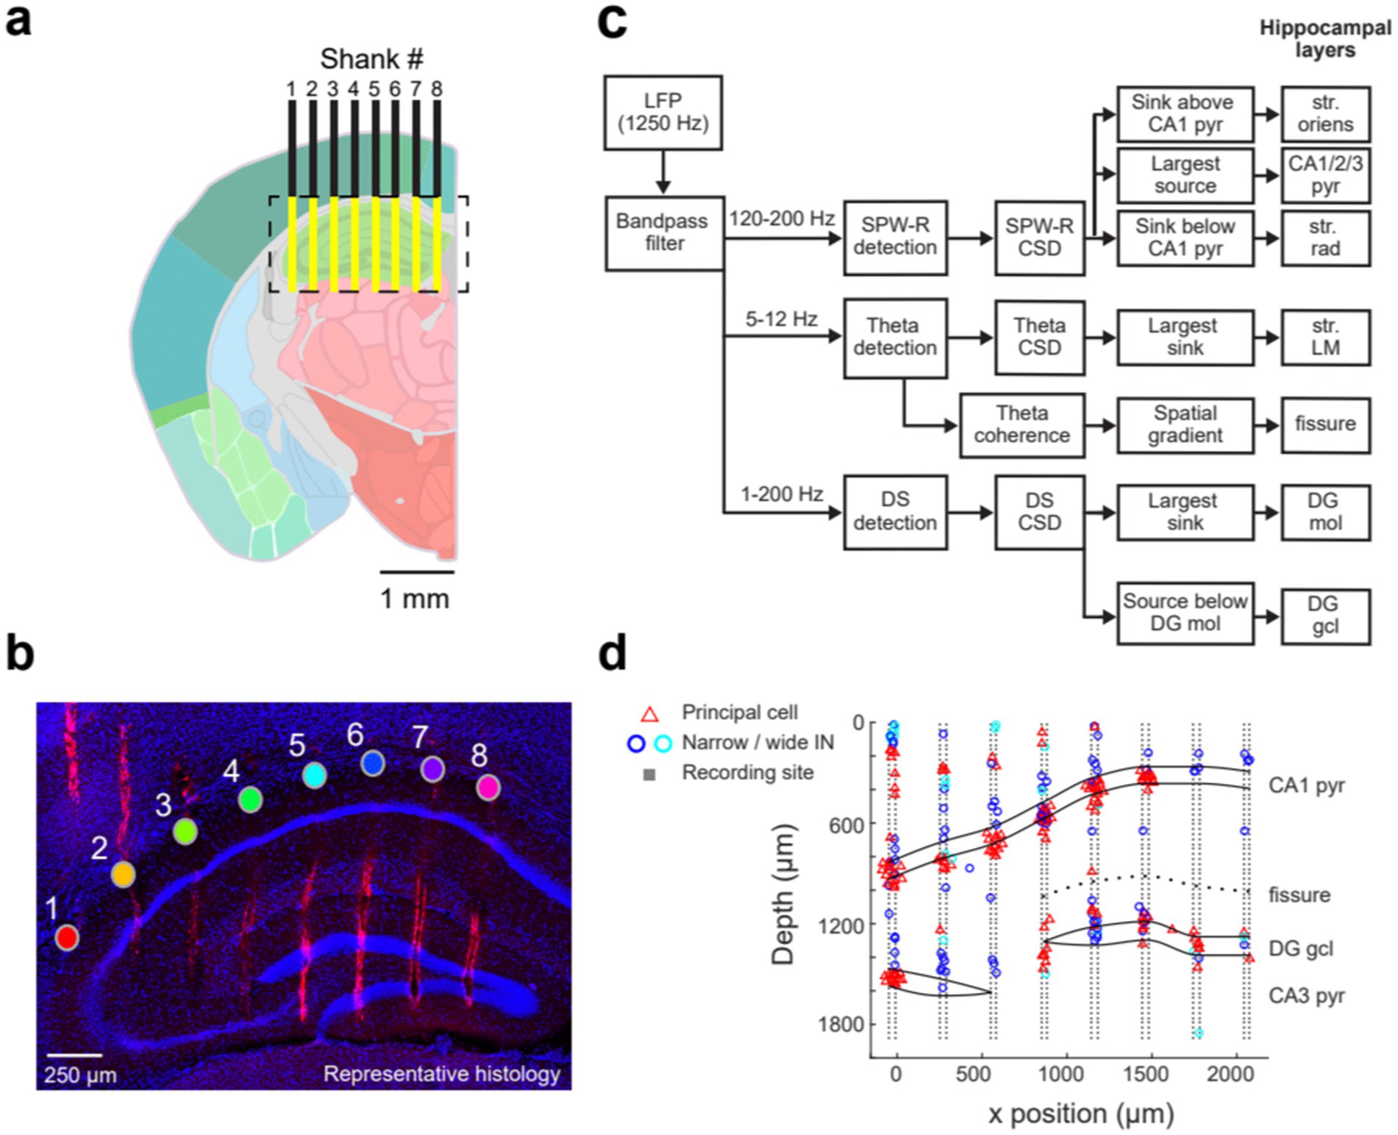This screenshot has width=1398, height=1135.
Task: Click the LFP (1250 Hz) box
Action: (x=663, y=113)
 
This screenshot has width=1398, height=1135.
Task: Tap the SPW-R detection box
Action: (x=894, y=237)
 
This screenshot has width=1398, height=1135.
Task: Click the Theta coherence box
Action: (x=1021, y=424)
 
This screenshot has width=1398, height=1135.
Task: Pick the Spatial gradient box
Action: (x=1185, y=424)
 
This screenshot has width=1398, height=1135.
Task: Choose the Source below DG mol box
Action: (x=1185, y=613)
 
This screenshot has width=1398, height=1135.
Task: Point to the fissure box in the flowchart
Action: (x=1325, y=424)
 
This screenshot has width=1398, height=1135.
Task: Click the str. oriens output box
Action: (x=1325, y=113)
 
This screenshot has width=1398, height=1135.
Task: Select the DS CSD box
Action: (x=1039, y=511)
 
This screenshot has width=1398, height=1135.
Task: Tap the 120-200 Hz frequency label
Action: (x=782, y=219)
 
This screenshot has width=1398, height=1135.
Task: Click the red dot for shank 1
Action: (x=67, y=937)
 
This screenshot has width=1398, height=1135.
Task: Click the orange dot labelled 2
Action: (x=123, y=874)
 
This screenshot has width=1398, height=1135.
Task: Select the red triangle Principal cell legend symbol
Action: (x=649, y=714)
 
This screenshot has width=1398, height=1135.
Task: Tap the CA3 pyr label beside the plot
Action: (x=1306, y=996)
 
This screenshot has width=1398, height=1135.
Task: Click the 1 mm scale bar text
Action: (x=414, y=599)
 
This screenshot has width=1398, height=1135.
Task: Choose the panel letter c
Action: (x=612, y=22)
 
